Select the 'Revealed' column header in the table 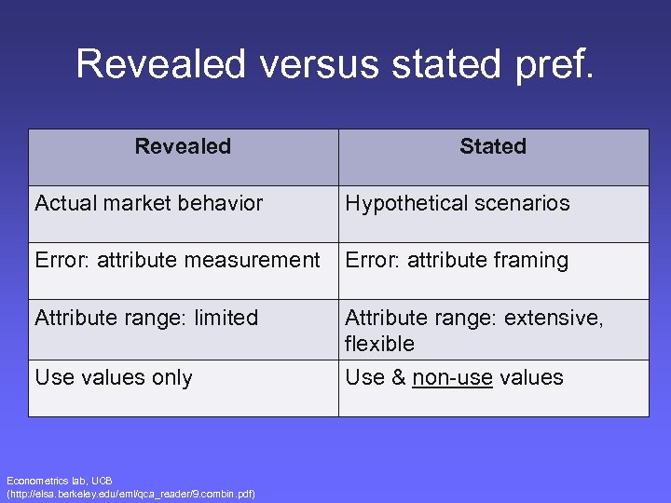(183, 146)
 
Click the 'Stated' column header (493, 146)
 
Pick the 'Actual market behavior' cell (149, 203)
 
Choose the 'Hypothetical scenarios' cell (458, 203)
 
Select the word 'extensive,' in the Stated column (554, 318)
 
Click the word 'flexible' (379, 344)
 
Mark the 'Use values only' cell (114, 377)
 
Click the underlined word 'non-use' (452, 377)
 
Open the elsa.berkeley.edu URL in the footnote (131, 493)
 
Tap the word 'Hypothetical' (407, 203)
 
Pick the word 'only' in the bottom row (172, 377)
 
